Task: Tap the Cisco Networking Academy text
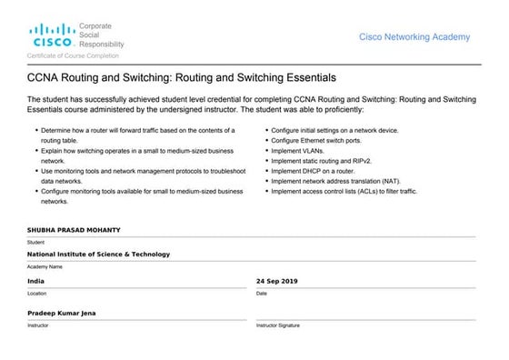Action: click(414, 37)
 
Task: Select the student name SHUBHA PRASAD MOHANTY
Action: click(74, 231)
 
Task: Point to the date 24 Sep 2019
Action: click(277, 281)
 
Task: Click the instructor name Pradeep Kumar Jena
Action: click(62, 313)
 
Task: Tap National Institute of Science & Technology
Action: click(98, 255)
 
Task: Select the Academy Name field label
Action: click(45, 267)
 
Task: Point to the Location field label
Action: click(37, 294)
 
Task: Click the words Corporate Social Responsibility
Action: click(101, 35)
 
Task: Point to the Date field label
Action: click(262, 294)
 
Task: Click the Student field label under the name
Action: click(35, 243)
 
